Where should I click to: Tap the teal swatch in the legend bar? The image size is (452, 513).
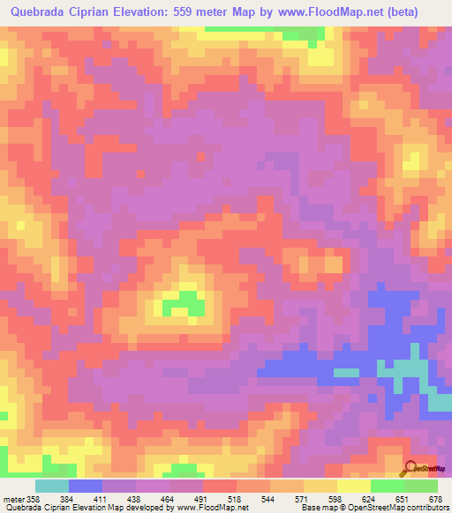pos(52,486)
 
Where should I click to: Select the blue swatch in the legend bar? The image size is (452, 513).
pos(86,486)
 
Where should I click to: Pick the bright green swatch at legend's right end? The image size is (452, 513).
pos(421,486)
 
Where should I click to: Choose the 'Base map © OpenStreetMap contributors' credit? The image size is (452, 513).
pos(374,508)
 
